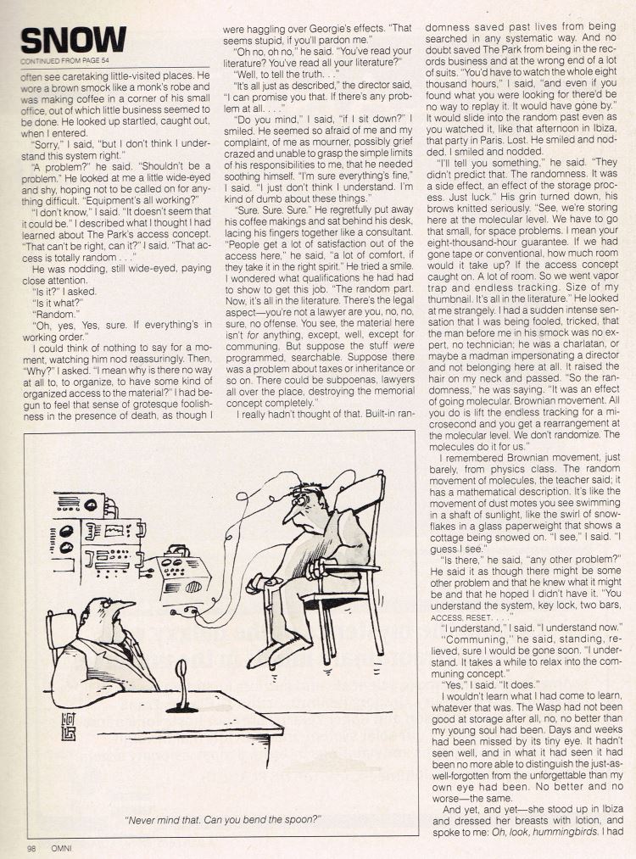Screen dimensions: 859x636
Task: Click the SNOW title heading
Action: coord(73,40)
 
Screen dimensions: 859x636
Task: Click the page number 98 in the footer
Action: coord(30,845)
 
